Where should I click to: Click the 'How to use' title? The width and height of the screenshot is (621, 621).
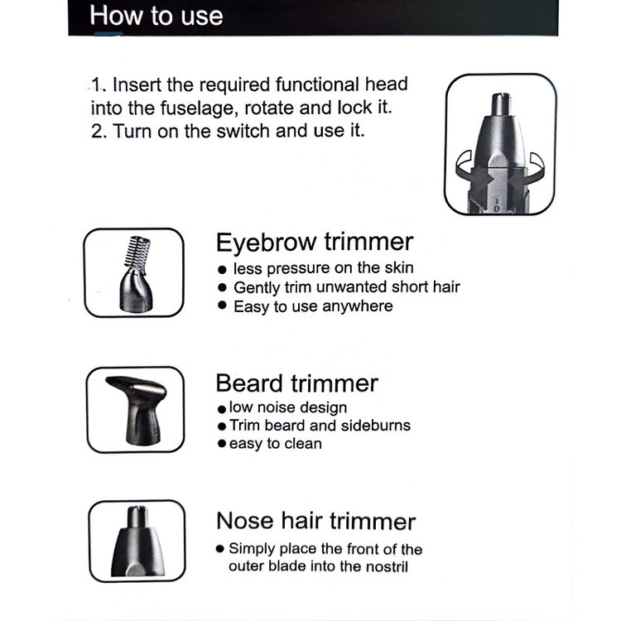click(156, 16)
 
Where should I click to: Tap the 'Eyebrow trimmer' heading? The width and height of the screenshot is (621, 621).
click(315, 242)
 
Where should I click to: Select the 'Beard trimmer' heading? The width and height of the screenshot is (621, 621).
click(296, 383)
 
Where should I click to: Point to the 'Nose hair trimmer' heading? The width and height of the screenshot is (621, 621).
click(315, 521)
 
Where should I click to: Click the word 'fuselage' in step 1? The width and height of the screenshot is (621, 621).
click(199, 108)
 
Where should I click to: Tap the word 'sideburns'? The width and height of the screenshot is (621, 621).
click(375, 426)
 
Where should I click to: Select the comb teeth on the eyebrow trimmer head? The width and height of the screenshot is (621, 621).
click(137, 252)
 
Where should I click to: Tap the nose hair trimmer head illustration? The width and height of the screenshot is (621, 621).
click(137, 542)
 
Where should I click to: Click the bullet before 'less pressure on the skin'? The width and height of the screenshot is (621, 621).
click(222, 270)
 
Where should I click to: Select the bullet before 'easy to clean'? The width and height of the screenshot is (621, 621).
click(221, 443)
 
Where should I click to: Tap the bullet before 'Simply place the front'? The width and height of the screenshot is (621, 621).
click(219, 548)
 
